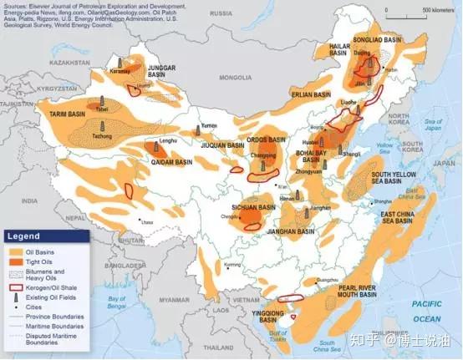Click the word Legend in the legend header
click(x=24, y=236)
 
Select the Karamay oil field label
click(x=120, y=72)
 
